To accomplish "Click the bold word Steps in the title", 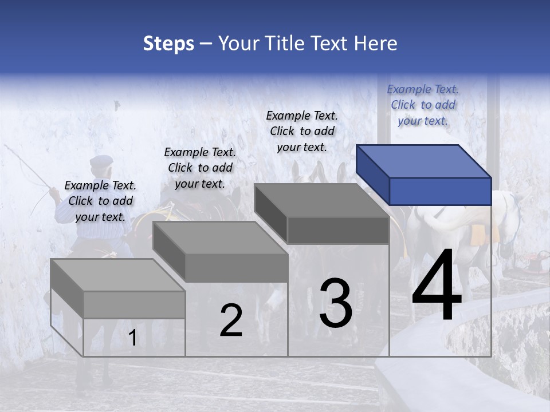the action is tap(168, 43).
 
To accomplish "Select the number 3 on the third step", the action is tap(336, 303).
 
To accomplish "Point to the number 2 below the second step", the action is tap(231, 320).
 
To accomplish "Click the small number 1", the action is tap(132, 338).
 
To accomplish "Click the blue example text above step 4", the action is tap(423, 105).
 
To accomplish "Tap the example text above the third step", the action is tap(302, 131).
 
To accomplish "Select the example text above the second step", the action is tap(200, 168).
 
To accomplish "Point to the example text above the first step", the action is tap(100, 201).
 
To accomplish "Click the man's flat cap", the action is tap(101, 161).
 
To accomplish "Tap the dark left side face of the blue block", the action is tap(372, 173).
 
